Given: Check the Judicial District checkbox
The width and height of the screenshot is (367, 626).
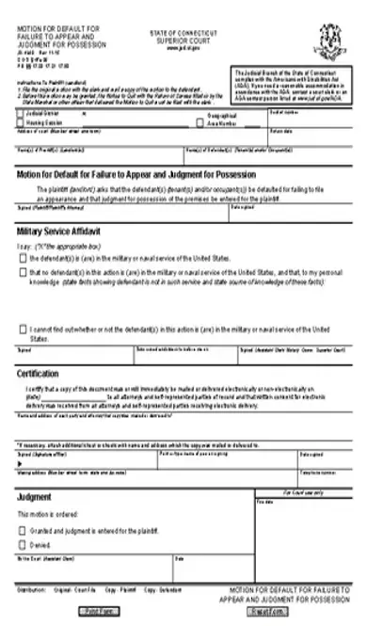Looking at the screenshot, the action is (22, 112).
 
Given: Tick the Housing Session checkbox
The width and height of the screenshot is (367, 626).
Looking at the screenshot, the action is (22, 121).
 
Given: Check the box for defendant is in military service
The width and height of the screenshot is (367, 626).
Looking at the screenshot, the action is (23, 257).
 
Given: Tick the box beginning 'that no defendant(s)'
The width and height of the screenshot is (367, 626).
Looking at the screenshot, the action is (23, 271).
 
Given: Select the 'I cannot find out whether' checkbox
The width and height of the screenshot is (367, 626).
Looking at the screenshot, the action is (23, 329).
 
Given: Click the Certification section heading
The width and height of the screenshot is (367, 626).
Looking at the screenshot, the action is (44, 373).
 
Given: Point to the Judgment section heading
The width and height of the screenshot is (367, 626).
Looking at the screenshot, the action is (34, 496).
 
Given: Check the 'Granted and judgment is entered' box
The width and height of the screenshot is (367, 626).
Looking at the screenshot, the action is (23, 530).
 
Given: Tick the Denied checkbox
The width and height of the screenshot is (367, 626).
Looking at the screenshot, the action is (23, 544).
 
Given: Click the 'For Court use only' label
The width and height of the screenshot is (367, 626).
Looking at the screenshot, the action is (302, 492).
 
